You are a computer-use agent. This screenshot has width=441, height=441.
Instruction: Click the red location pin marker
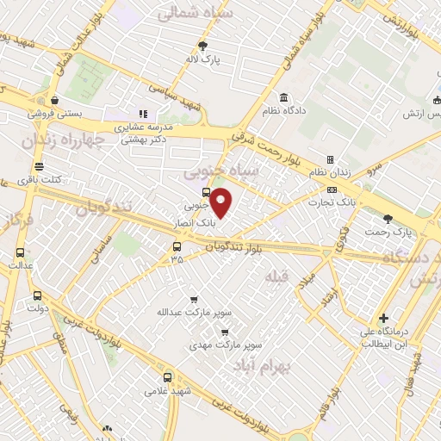pos(221,203)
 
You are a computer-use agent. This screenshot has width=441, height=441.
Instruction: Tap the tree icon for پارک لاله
pos(203,47)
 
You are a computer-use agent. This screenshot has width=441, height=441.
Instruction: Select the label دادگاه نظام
pos(291,110)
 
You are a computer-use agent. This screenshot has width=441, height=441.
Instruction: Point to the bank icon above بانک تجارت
pos(332,189)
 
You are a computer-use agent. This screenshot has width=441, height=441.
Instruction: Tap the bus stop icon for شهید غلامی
pos(167,376)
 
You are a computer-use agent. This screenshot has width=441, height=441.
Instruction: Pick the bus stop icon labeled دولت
pos(36,295)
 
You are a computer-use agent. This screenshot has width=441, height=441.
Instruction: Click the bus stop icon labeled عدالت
pos(21,252)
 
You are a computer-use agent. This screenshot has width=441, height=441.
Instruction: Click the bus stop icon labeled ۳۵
pos(177,246)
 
